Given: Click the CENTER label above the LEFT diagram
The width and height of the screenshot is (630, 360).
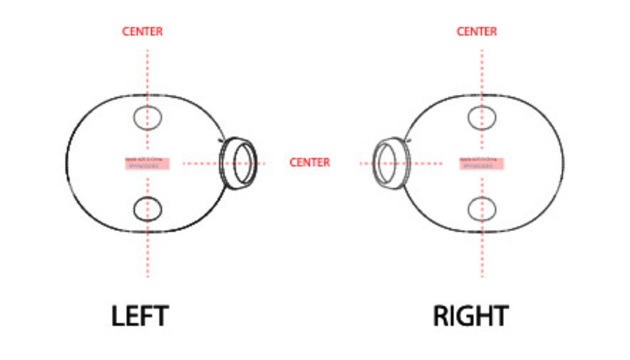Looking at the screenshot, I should (142, 32).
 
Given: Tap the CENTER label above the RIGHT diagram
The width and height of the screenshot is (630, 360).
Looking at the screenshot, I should (477, 32).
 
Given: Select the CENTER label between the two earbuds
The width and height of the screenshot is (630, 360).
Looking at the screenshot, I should (310, 163).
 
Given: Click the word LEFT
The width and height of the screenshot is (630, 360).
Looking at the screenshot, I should (140, 316).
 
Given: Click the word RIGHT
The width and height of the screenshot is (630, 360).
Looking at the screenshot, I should (471, 316).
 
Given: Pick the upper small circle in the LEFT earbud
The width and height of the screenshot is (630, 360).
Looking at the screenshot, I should (147, 117).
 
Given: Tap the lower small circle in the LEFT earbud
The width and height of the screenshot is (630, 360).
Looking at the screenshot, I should (147, 208).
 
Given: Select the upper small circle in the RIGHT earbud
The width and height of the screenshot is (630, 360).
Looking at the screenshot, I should (482, 117).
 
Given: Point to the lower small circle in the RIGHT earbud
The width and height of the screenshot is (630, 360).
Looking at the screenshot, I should (482, 208).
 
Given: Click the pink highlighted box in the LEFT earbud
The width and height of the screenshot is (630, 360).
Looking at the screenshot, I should (148, 164).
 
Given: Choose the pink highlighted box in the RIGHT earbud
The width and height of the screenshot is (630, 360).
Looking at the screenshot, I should (482, 164).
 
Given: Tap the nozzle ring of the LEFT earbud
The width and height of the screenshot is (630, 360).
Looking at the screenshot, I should (240, 163).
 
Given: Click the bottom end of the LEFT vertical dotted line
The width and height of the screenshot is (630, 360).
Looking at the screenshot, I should (148, 276).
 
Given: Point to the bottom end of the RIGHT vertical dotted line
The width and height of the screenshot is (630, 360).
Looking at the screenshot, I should (482, 276).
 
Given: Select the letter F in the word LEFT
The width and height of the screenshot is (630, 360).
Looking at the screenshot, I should (146, 316).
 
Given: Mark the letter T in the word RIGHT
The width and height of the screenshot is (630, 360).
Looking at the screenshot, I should (500, 316).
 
